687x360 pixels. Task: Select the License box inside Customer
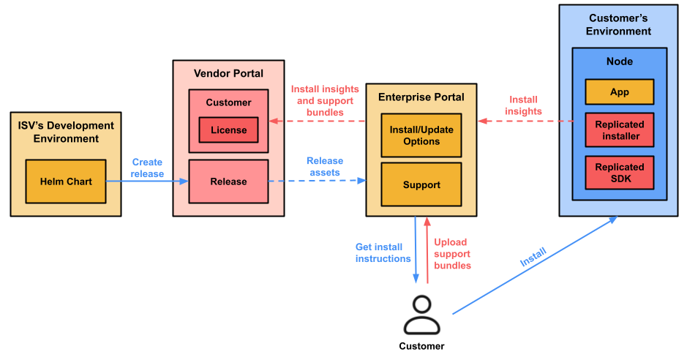228,130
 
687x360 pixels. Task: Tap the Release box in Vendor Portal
228,181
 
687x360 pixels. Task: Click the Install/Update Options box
421,135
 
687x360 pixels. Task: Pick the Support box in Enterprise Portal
421,185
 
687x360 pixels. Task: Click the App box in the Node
619,92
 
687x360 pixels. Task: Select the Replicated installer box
619,130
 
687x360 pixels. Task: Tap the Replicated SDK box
619,173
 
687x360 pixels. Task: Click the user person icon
422,315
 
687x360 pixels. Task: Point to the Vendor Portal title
228,73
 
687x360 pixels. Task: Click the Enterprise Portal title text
421,97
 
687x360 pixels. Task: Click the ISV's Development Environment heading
66,132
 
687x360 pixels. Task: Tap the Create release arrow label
147,168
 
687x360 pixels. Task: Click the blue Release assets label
324,166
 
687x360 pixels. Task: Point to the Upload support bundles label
451,254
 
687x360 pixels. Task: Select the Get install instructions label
383,253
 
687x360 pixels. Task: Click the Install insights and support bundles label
325,101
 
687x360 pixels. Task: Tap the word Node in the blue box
619,62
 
